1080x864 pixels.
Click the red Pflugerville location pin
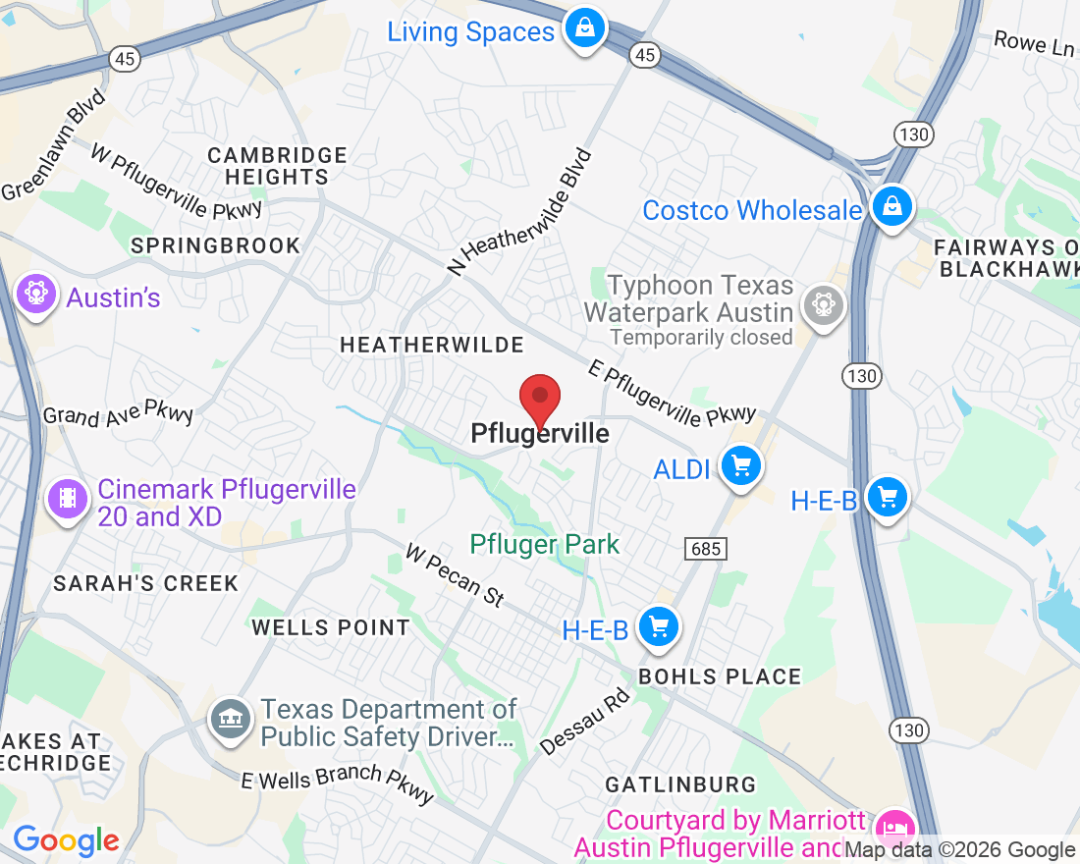point(539,399)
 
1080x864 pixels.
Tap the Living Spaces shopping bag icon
point(585,28)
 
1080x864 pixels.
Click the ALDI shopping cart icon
point(741,465)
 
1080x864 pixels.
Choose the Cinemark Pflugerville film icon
point(67,499)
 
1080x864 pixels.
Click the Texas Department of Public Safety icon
point(232,721)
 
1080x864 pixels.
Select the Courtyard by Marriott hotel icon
point(894,828)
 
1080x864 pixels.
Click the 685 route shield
point(707,549)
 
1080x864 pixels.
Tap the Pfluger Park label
point(545,544)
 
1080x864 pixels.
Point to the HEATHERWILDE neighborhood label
point(432,345)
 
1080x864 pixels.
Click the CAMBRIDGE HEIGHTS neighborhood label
point(278,166)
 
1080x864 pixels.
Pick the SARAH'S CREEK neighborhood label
point(145,583)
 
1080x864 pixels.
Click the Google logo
point(66,840)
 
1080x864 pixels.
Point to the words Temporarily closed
point(701,338)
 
